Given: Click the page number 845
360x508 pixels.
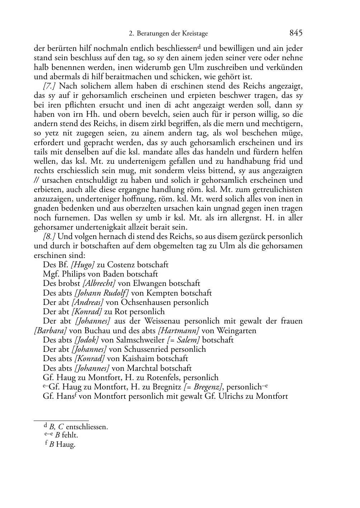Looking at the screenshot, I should (x=296, y=33).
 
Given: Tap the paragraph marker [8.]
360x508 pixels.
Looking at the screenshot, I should (x=49, y=236).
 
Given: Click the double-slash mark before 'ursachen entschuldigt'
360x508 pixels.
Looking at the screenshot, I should (x=37, y=180).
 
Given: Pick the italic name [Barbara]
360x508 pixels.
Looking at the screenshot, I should (x=50, y=330).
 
